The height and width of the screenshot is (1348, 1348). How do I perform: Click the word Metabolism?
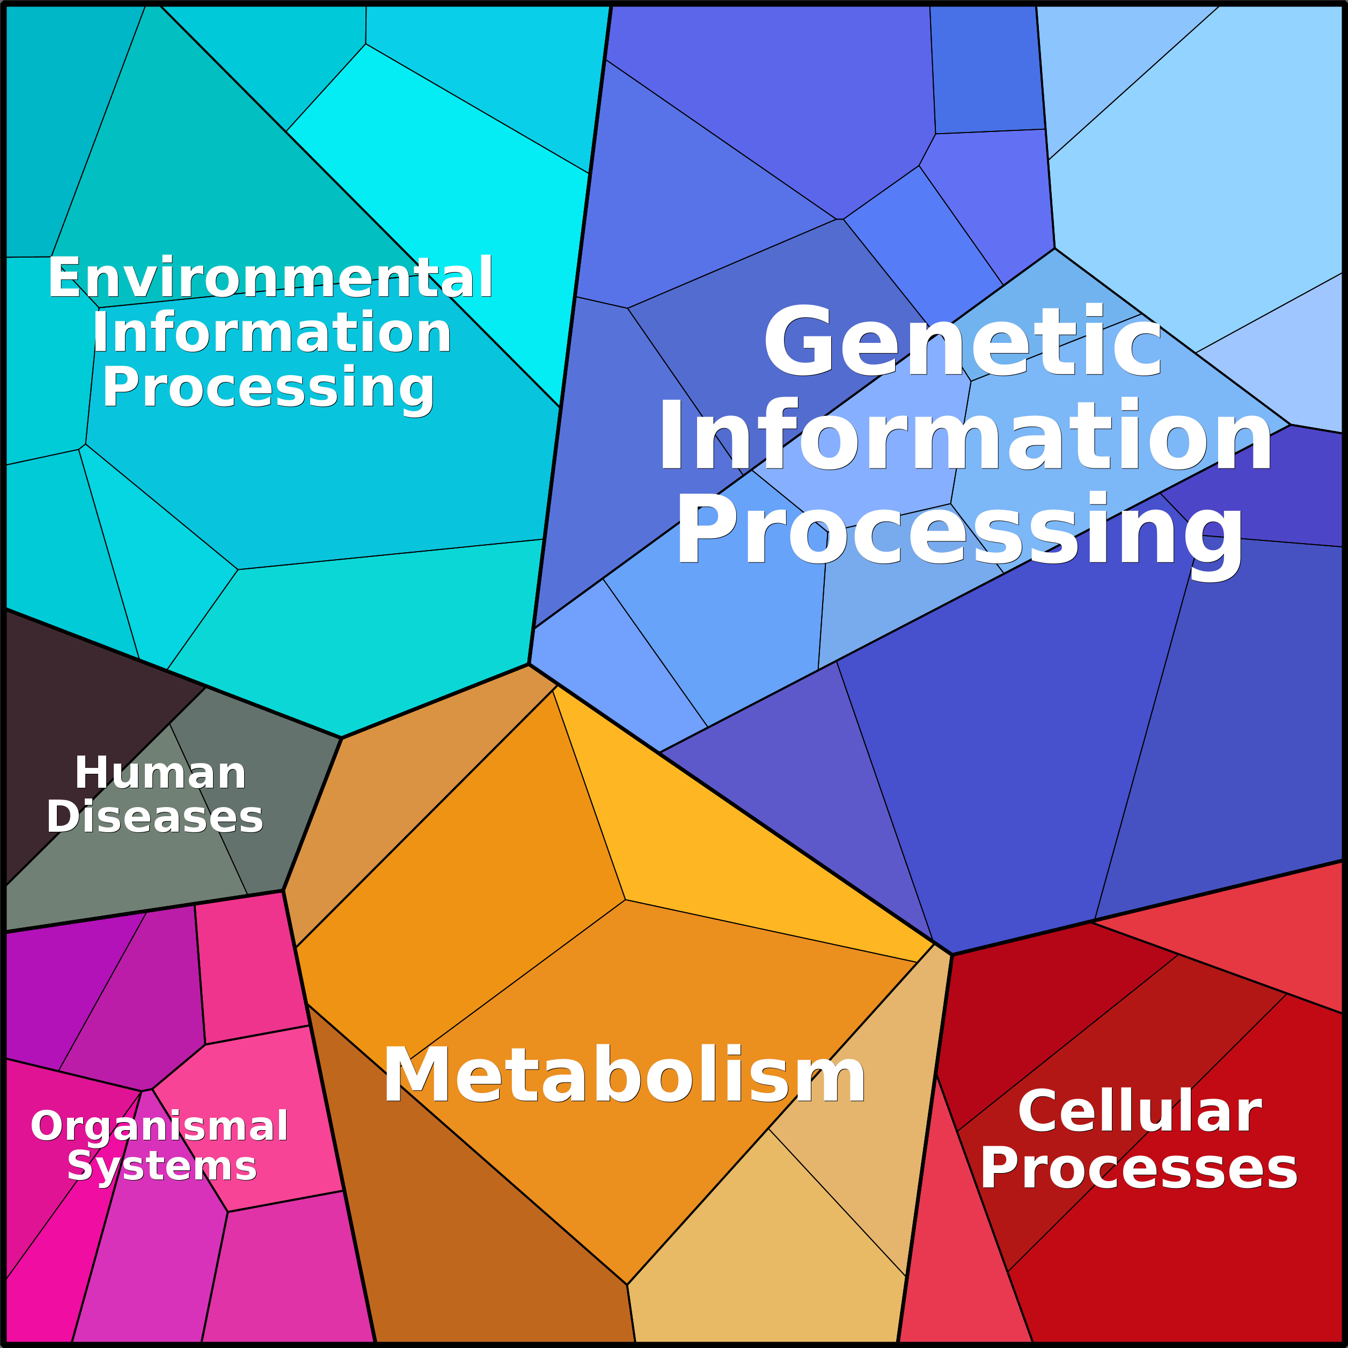(x=625, y=1075)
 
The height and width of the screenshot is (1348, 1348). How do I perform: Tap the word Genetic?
(x=962, y=341)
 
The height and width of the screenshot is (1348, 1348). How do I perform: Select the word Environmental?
(x=270, y=277)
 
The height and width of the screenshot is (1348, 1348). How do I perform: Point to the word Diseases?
(x=155, y=816)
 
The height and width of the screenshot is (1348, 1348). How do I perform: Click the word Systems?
(x=162, y=1166)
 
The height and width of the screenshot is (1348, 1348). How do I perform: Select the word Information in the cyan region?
(x=272, y=333)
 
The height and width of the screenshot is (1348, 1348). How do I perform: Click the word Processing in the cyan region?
(x=269, y=389)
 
